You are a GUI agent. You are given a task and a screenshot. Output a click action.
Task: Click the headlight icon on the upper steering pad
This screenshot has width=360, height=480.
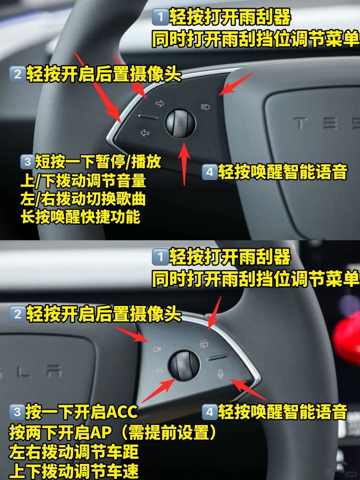pyautogui.click(x=205, y=107)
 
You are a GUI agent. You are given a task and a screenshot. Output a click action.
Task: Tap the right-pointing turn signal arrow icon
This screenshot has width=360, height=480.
pyautogui.click(x=160, y=103)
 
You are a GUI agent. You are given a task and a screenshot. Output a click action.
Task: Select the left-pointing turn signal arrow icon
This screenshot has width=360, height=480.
pyautogui.click(x=145, y=133)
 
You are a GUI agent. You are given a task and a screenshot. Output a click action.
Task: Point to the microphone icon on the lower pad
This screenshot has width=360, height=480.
pyautogui.click(x=221, y=374)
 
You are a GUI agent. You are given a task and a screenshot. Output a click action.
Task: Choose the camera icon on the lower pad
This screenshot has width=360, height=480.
pyautogui.click(x=157, y=349)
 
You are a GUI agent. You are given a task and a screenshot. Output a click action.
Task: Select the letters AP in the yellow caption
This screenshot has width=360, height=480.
pyautogui.click(x=100, y=432)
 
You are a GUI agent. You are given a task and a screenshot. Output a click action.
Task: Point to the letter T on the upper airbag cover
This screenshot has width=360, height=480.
pyautogui.click(x=301, y=123)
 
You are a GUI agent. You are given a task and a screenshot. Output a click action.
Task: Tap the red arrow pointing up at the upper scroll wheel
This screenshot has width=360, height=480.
pyautogui.click(x=184, y=164)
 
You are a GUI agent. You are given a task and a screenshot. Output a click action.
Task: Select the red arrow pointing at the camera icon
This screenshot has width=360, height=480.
pyautogui.click(x=132, y=335)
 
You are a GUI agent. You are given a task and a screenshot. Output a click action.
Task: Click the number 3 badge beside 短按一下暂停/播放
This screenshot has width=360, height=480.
pyautogui.click(x=28, y=162)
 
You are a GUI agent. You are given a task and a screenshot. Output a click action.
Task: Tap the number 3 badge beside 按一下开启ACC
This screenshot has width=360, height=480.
pyautogui.click(x=17, y=412)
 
